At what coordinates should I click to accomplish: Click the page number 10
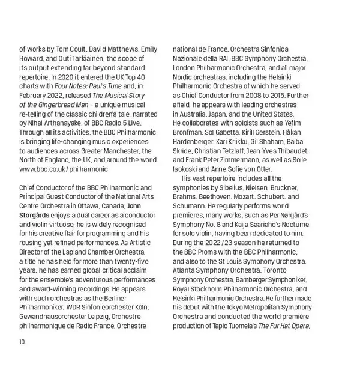(22, 342)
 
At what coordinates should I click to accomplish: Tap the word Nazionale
(192, 58)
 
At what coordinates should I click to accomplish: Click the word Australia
(196, 114)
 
